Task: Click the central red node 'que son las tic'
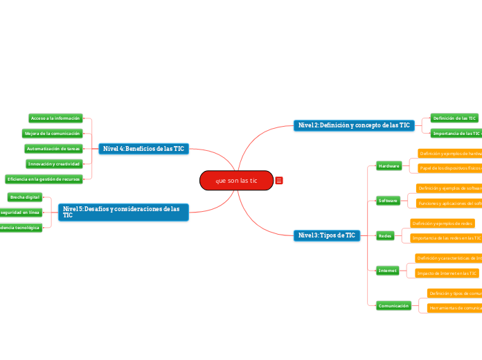236,181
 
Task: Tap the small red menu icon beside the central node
278,181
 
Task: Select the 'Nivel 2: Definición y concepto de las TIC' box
353,125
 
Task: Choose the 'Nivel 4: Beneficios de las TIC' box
143,148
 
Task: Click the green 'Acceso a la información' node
55,118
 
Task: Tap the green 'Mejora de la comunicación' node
53,133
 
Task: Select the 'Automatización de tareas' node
53,148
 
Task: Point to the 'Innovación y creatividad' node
54,163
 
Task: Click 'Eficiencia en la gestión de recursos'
43,179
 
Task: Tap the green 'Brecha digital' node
25,197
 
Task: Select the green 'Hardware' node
389,165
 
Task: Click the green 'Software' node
388,200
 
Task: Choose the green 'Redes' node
385,235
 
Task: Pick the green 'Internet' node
387,270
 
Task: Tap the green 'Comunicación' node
393,305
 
